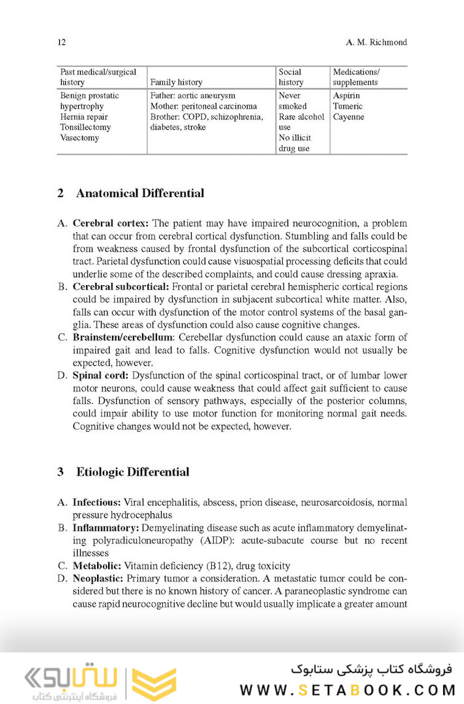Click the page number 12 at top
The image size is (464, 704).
coord(61,42)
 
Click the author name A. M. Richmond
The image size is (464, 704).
coord(376,42)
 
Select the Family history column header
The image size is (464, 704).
coord(176,82)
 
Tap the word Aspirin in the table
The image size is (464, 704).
coord(347,95)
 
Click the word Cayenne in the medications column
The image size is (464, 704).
coord(348,117)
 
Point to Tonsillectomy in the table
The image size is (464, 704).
coord(85,127)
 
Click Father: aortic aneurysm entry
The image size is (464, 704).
coord(192,95)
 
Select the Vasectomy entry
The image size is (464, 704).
coord(80,138)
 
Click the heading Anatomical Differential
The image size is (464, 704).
coord(139,193)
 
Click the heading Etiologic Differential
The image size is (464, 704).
coord(132,472)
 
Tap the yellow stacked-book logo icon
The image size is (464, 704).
coord(154,682)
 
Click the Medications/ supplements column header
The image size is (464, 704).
coord(356,77)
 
